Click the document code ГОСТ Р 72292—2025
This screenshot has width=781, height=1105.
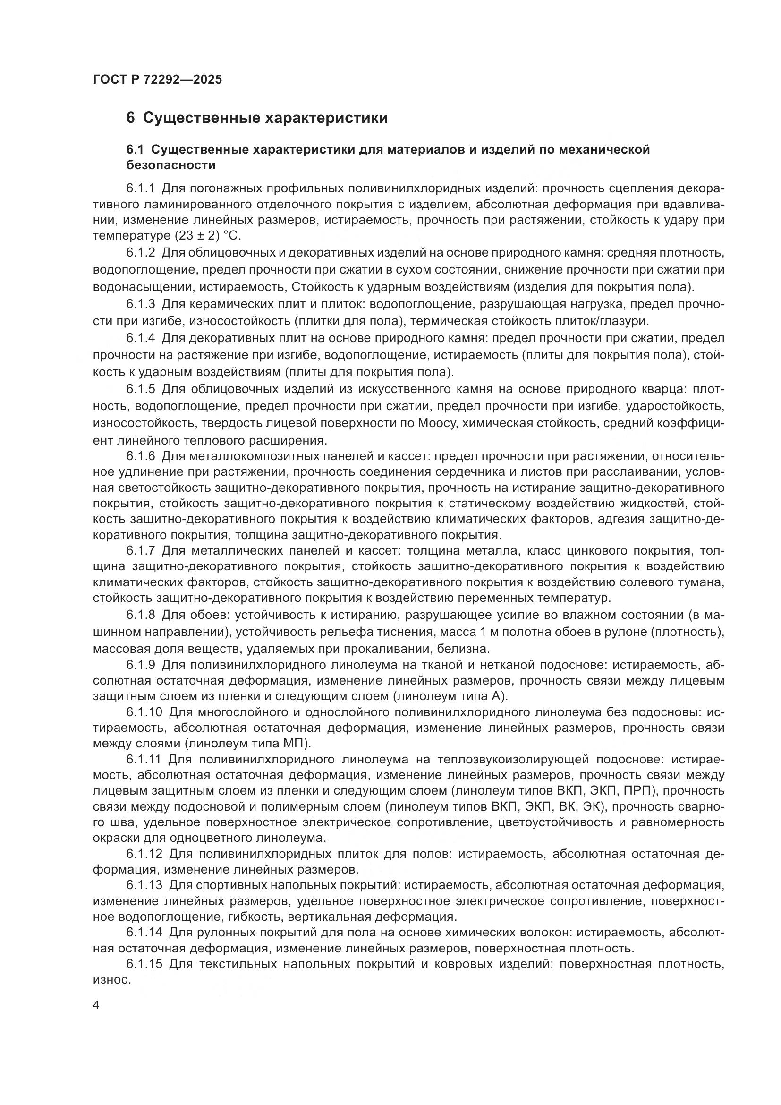(157, 79)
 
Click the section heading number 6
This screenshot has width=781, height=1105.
(131, 118)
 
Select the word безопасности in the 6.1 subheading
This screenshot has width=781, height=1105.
(171, 165)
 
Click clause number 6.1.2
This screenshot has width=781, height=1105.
(141, 252)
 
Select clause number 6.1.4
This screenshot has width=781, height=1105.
(141, 338)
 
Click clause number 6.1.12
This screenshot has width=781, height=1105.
(145, 854)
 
